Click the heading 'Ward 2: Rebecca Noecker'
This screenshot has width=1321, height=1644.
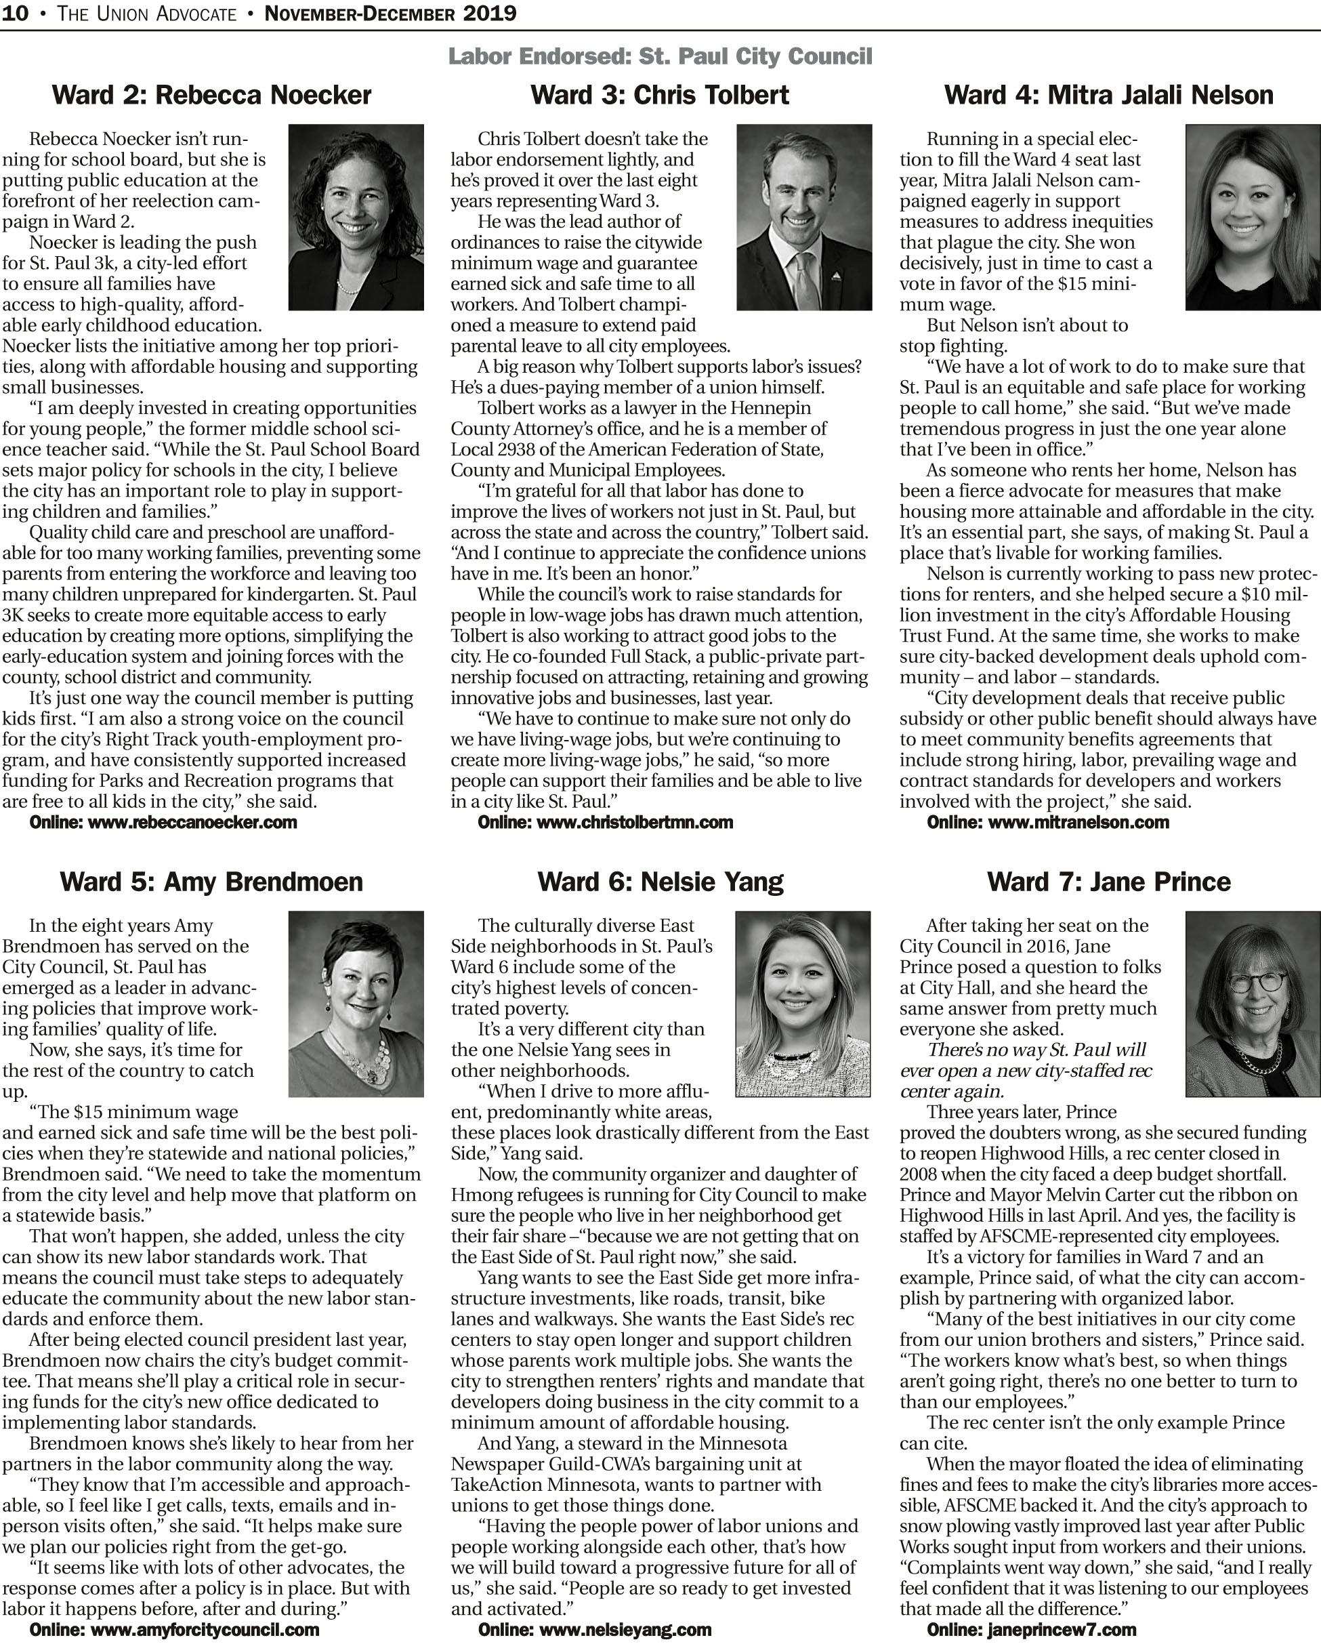pyautogui.click(x=211, y=96)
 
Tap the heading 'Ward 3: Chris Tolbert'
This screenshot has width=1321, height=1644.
pyautogui.click(x=659, y=96)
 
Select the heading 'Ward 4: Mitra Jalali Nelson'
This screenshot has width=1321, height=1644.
pyautogui.click(x=1108, y=96)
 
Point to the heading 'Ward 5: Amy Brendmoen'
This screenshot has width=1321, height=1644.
pyautogui.click(x=211, y=882)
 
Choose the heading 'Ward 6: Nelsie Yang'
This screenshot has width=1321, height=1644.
pyautogui.click(x=660, y=882)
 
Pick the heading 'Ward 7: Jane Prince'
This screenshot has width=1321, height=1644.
pyautogui.click(x=1108, y=882)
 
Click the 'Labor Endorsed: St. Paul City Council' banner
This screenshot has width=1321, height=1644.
pyautogui.click(x=659, y=56)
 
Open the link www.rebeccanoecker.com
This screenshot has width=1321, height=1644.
pyautogui.click(x=192, y=823)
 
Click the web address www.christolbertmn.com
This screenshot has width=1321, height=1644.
pyautogui.click(x=634, y=823)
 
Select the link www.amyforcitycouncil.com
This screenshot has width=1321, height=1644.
pyautogui.click(x=203, y=1630)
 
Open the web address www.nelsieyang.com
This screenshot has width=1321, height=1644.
pyautogui.click(x=623, y=1630)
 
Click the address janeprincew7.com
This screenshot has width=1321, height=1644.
pyautogui.click(x=1061, y=1630)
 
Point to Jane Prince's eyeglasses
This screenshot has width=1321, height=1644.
pyautogui.click(x=1250, y=982)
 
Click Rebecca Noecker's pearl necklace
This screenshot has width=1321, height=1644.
pyautogui.click(x=348, y=288)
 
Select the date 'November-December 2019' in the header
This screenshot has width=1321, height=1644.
pyautogui.click(x=390, y=13)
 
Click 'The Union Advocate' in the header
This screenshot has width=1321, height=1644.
pyautogui.click(x=146, y=13)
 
